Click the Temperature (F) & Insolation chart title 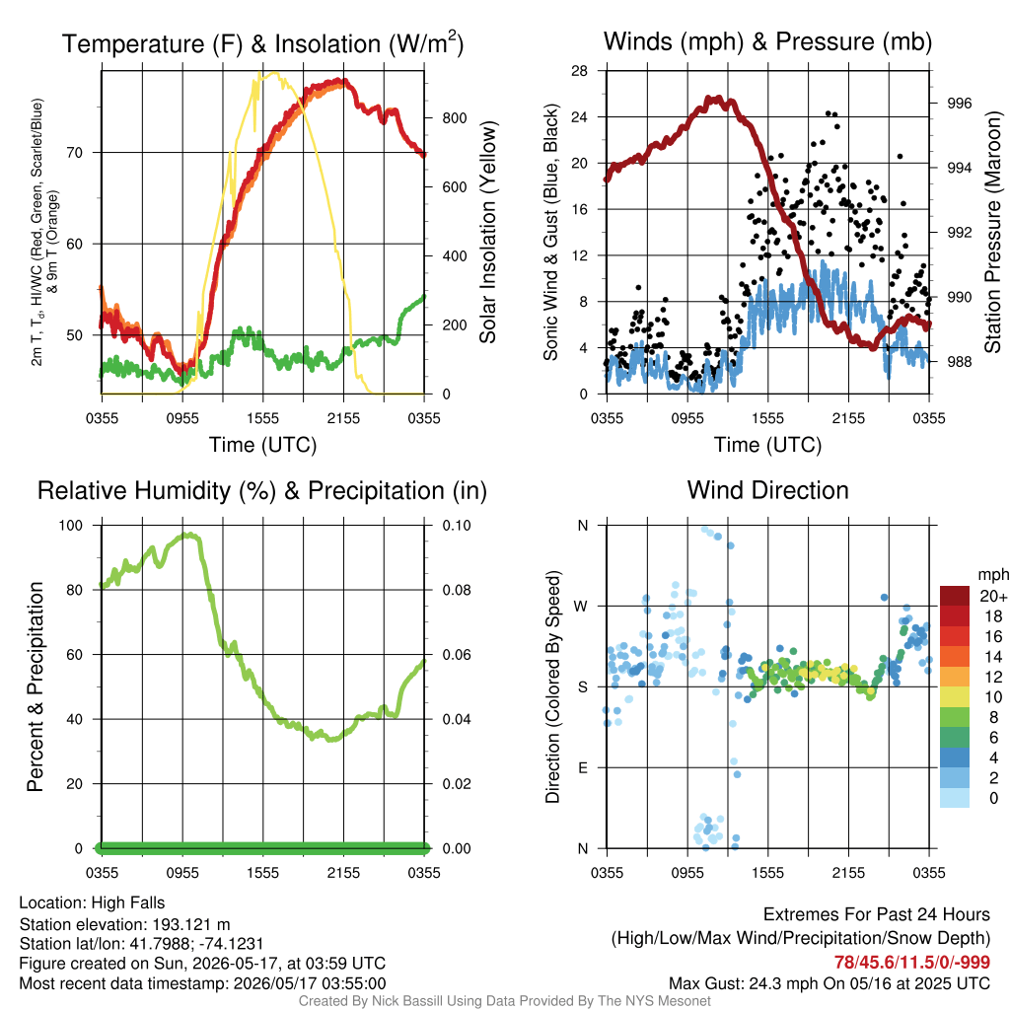[x=262, y=43]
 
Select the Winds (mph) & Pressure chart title [x=767, y=41]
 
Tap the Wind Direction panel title [x=767, y=490]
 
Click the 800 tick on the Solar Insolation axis [x=455, y=118]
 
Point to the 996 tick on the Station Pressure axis [x=959, y=103]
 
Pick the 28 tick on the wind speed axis [x=579, y=71]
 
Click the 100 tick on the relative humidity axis [x=71, y=525]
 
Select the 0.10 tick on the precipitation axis [x=457, y=525]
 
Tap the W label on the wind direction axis [x=581, y=607]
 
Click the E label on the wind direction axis [x=583, y=767]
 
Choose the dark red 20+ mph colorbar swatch [x=955, y=596]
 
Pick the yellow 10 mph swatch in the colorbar [x=955, y=697]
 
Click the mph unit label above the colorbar [x=992, y=574]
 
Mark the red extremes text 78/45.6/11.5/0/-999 [x=912, y=962]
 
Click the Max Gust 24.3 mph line [x=830, y=983]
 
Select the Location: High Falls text [x=92, y=902]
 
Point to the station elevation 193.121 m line [x=125, y=924]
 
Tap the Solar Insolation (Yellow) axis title [x=487, y=232]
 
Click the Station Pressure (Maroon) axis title [x=992, y=232]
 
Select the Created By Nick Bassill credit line [x=504, y=1001]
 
